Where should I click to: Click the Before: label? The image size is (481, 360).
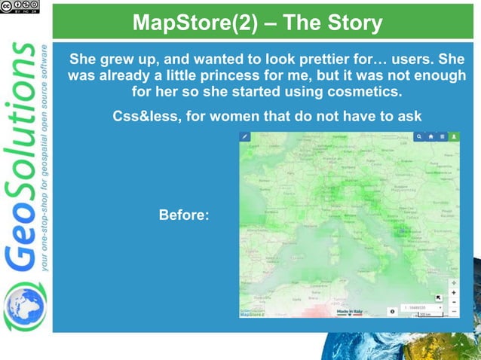tap(184, 215)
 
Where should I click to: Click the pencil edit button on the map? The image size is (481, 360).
tap(244, 136)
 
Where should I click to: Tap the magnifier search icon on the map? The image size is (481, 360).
tap(419, 137)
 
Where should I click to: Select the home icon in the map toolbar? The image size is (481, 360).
tap(430, 137)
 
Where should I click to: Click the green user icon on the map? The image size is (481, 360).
tap(454, 137)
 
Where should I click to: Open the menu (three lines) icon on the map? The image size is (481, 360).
tap(443, 137)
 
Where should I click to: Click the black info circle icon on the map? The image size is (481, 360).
tap(392, 310)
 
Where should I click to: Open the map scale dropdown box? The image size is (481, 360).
tap(424, 308)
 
